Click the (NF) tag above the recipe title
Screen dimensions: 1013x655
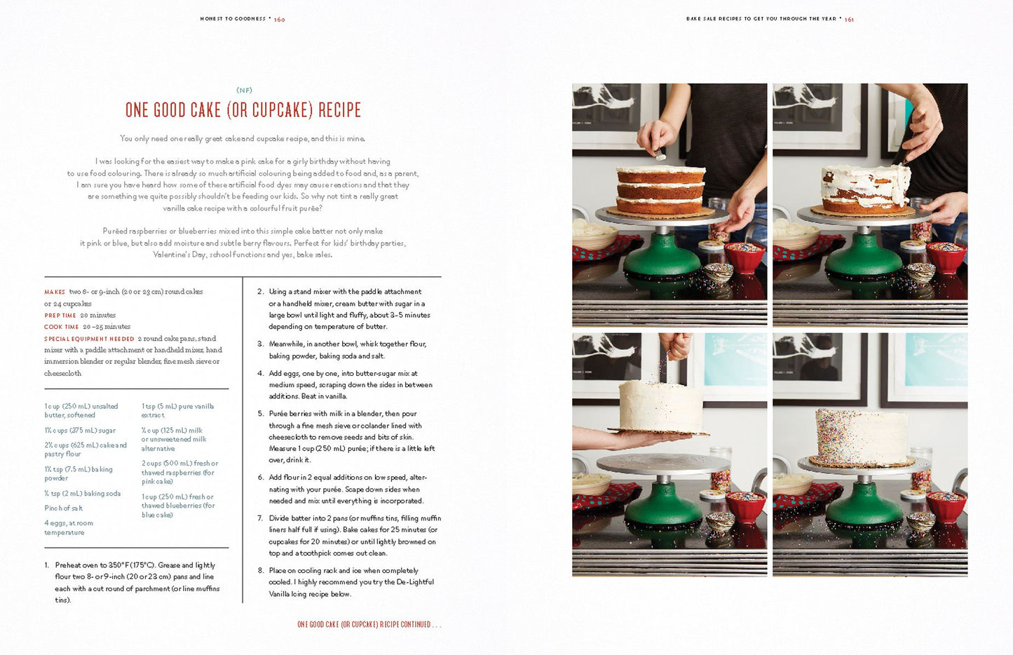[244, 90]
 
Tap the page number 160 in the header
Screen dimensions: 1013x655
[280, 20]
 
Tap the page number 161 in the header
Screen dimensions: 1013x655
[849, 20]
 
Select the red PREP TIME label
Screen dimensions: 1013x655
[60, 316]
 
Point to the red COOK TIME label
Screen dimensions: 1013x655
[62, 327]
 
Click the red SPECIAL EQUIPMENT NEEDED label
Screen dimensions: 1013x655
[89, 339]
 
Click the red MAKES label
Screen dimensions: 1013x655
[55, 292]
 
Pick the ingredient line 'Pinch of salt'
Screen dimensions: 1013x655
[64, 508]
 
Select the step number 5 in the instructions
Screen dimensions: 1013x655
[261, 414]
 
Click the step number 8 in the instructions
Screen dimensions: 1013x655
[261, 570]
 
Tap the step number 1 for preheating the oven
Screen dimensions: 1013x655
[46, 565]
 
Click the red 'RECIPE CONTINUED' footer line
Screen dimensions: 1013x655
[369, 625]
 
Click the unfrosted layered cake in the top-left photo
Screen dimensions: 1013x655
[660, 190]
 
